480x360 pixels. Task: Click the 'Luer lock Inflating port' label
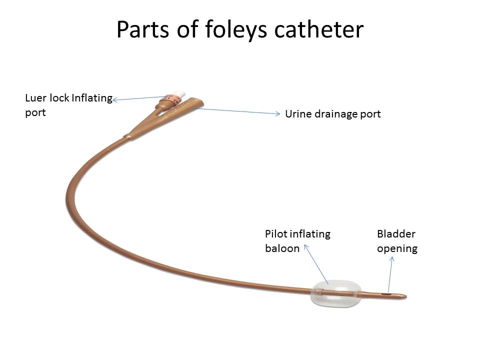[x=68, y=105]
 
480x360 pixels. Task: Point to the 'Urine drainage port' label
[x=332, y=114]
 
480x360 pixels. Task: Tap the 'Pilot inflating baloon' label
[x=297, y=241]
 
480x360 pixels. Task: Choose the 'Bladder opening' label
[x=397, y=241]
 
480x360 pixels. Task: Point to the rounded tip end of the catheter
[x=404, y=297]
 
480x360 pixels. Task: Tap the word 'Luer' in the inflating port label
[x=35, y=98]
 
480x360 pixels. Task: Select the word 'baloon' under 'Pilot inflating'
[x=282, y=248]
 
